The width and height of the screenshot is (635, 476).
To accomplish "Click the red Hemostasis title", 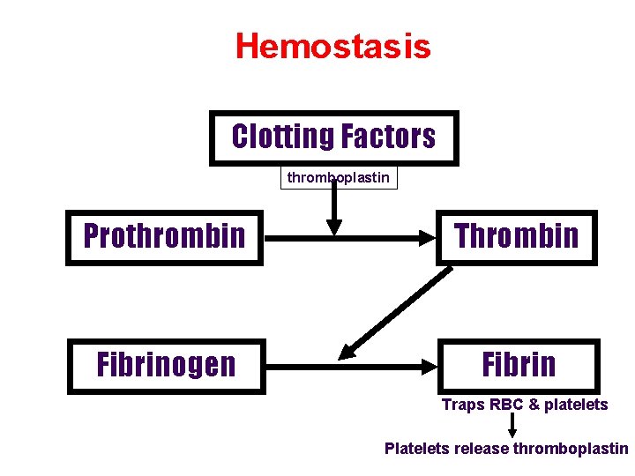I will (x=332, y=46).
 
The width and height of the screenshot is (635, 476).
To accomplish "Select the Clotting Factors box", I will (x=333, y=138).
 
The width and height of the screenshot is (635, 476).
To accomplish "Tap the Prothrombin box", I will (x=164, y=237).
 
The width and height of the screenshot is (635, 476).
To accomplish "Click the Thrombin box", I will (x=517, y=237).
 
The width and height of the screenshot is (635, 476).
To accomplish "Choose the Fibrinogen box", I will (x=166, y=365).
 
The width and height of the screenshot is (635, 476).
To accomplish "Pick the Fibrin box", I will (x=519, y=365).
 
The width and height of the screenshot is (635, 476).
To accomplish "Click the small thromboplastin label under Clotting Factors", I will (x=339, y=178).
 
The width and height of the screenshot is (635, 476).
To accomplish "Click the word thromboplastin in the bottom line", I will (x=571, y=449).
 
